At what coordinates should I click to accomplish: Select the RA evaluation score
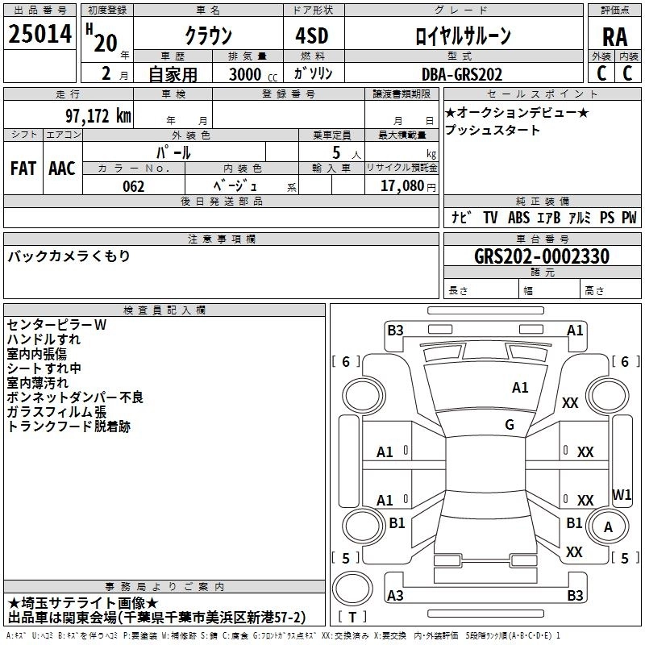(614, 36)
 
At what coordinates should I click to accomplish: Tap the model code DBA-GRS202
(462, 74)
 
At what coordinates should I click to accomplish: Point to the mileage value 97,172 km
(98, 115)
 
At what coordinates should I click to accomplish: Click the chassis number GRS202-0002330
(542, 256)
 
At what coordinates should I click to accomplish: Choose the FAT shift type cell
(23, 168)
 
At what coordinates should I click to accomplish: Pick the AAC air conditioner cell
(62, 168)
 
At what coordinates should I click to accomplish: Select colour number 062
(133, 186)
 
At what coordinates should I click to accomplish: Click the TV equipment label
(490, 217)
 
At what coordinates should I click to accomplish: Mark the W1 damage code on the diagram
(622, 493)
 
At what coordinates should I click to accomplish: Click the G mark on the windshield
(510, 424)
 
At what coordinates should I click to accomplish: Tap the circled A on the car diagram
(609, 527)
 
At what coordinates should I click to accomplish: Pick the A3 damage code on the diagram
(395, 595)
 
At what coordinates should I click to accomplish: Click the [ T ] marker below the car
(352, 618)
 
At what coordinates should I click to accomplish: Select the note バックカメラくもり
(69, 256)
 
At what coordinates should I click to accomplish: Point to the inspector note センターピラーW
(56, 324)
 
